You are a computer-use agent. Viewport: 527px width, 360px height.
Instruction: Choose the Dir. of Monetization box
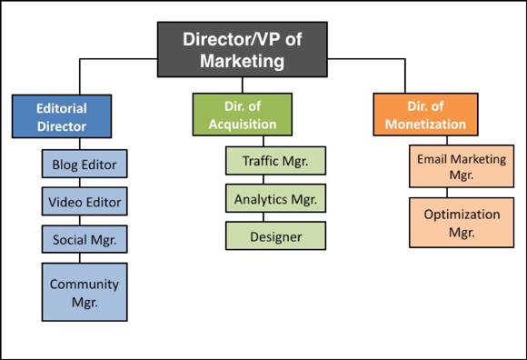pos(420,115)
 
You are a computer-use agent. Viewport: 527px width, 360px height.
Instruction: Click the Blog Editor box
pos(85,165)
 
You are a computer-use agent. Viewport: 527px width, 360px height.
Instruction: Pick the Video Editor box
pos(85,202)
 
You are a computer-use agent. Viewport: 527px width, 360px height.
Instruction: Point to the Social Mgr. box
pos(85,239)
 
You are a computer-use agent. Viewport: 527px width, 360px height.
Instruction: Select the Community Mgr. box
pos(85,292)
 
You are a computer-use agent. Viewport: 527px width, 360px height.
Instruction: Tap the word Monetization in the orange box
pos(420,124)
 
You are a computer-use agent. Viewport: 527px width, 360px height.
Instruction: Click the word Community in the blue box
pos(85,284)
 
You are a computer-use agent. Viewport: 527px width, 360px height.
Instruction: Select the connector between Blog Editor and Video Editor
pos(85,183)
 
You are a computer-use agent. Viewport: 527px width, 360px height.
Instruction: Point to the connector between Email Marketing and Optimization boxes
pos(448,193)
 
